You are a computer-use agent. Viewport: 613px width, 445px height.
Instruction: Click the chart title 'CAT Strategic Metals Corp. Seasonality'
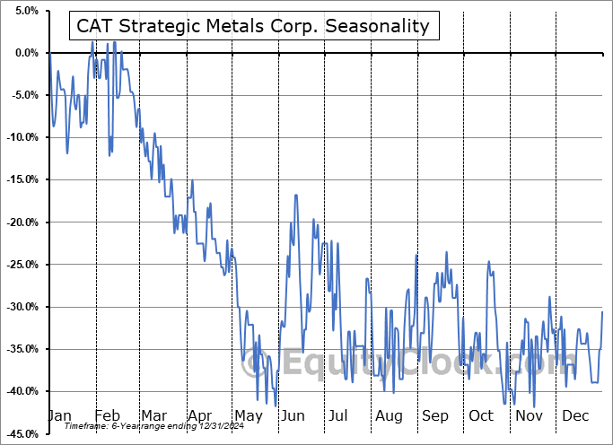[254, 27]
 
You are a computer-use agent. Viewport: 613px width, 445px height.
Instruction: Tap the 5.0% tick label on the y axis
[22, 11]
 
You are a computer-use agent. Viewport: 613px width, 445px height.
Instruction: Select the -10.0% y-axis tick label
[20, 137]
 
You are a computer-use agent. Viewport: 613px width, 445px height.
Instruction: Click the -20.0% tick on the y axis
[20, 222]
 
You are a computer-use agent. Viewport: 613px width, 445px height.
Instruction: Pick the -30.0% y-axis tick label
[20, 307]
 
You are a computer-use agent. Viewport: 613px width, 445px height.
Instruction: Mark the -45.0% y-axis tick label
[20, 433]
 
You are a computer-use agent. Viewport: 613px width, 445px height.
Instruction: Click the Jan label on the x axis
[59, 416]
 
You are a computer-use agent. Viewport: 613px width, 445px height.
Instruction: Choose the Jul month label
[338, 416]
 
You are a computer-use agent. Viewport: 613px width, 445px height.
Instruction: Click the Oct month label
[481, 416]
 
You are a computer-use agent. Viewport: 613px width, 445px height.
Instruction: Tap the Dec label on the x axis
[574, 416]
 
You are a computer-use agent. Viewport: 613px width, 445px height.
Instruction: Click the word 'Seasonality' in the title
[381, 27]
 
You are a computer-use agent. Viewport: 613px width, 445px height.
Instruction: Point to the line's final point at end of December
[602, 311]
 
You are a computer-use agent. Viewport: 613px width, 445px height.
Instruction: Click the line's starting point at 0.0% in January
[49, 53]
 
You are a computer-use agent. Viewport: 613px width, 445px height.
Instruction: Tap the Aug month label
[388, 416]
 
